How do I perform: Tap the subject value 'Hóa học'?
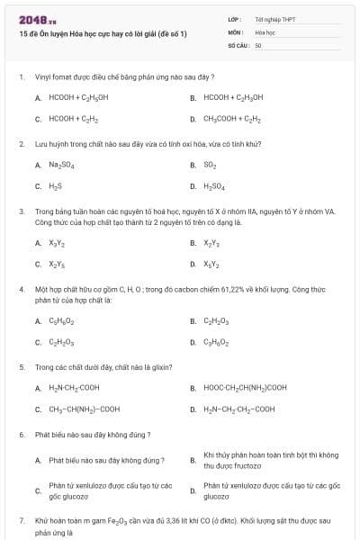pos(265,31)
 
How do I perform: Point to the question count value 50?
pos(258,44)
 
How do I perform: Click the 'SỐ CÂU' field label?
pos(237,44)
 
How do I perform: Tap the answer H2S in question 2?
pos(55,186)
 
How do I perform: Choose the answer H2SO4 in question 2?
pos(214,186)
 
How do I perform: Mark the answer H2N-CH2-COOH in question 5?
pos(74,388)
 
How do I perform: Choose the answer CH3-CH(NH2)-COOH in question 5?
pos(83,409)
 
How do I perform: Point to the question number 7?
pos(21,520)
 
